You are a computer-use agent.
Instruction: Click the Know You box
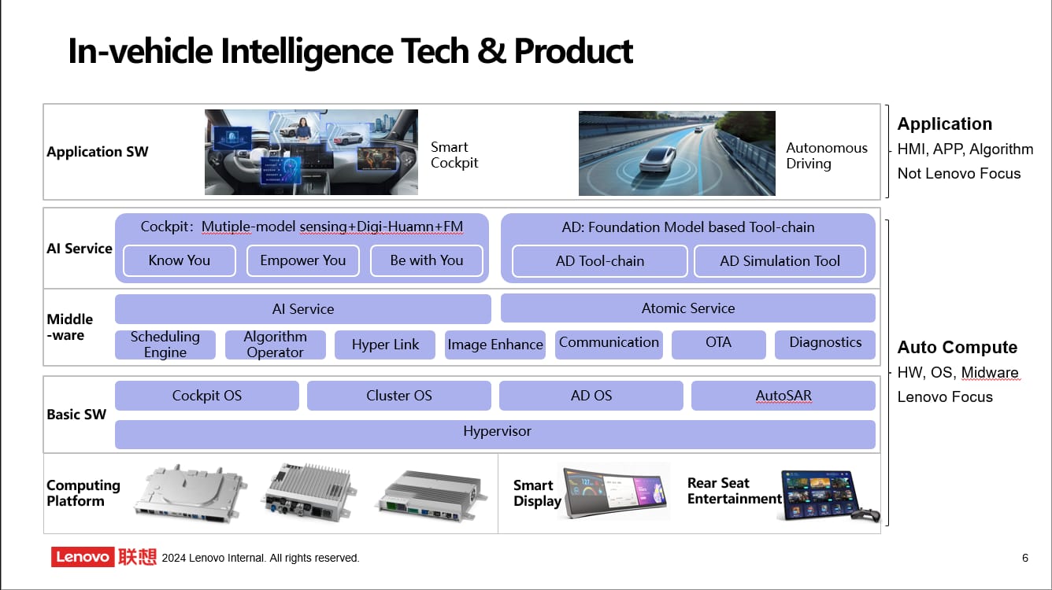180,260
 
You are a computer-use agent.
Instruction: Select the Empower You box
303,260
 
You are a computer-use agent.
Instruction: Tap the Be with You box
427,260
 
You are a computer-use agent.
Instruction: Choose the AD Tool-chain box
600,261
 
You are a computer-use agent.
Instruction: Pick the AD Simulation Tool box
780,261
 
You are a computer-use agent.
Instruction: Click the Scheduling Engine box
165,345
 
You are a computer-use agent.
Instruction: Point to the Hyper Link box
385,345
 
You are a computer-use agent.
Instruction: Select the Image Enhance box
495,345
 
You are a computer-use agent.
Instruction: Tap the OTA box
718,343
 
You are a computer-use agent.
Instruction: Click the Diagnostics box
825,343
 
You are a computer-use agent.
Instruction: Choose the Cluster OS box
399,396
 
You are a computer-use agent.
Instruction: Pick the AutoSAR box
783,396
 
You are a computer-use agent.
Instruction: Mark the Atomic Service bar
688,308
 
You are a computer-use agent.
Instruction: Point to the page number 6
1025,558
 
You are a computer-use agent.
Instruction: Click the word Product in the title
573,51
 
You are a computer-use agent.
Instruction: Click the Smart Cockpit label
454,155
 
